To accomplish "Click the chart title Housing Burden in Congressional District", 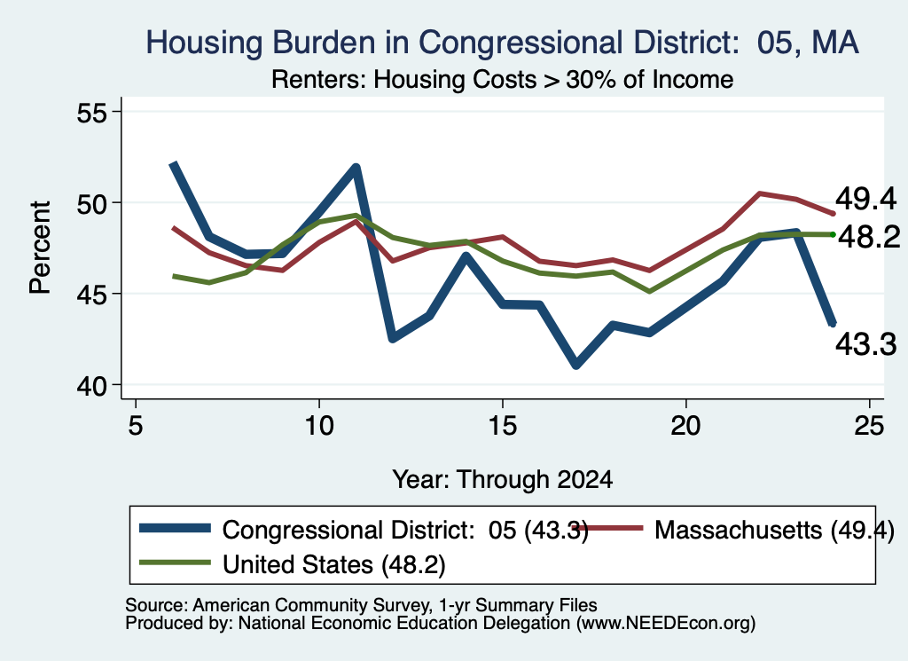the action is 502,43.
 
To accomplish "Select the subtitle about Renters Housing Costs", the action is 502,79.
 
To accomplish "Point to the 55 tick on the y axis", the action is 92,113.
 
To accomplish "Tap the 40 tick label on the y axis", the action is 92,386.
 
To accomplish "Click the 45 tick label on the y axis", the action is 92,295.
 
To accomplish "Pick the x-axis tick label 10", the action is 318,426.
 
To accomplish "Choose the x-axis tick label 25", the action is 869,426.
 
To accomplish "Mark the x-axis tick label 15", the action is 502,426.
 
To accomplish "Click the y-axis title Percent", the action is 40,248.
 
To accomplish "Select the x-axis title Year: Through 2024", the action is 502,480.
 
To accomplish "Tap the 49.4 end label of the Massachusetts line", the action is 865,200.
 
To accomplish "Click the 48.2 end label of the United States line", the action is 869,237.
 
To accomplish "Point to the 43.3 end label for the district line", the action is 865,344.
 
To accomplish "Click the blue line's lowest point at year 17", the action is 575,365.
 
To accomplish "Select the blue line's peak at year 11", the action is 356,168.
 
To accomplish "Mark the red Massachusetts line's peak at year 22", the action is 759,193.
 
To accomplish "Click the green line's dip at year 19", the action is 649,291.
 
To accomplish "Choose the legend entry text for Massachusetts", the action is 774,530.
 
